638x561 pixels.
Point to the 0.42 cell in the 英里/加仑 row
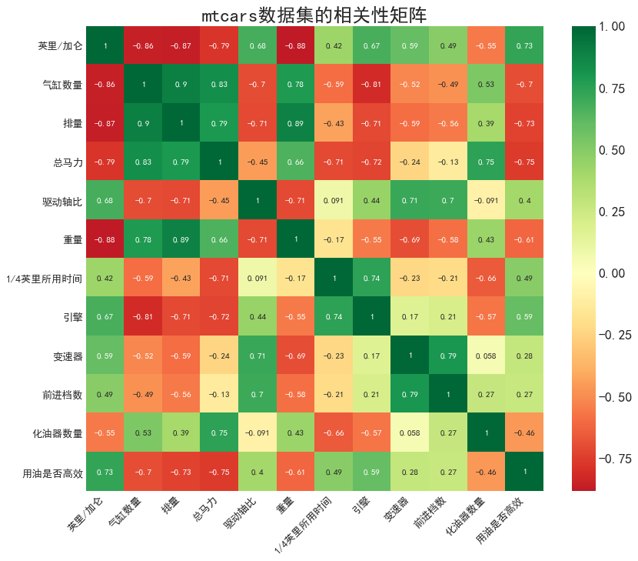334,45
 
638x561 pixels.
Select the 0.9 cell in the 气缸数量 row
181,84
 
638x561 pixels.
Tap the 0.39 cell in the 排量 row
486,123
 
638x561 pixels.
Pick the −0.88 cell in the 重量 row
105,239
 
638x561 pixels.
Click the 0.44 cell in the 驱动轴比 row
371,200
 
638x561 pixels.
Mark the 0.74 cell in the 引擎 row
334,316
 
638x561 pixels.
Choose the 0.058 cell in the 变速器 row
486,355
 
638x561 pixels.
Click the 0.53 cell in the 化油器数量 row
144,432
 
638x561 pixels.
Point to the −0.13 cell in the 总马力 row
447,162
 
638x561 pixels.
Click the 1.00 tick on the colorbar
613,27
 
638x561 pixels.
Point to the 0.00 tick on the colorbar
613,273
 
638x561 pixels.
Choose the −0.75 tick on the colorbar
613,459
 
